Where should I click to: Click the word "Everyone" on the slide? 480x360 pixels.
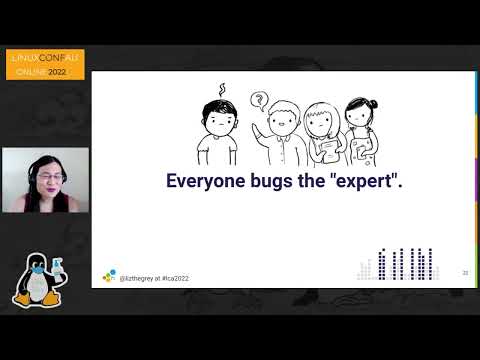tap(205, 182)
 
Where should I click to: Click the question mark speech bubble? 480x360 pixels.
tap(260, 99)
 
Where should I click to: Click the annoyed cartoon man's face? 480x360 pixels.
tap(214, 118)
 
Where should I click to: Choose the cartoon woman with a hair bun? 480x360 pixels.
tap(362, 130)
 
